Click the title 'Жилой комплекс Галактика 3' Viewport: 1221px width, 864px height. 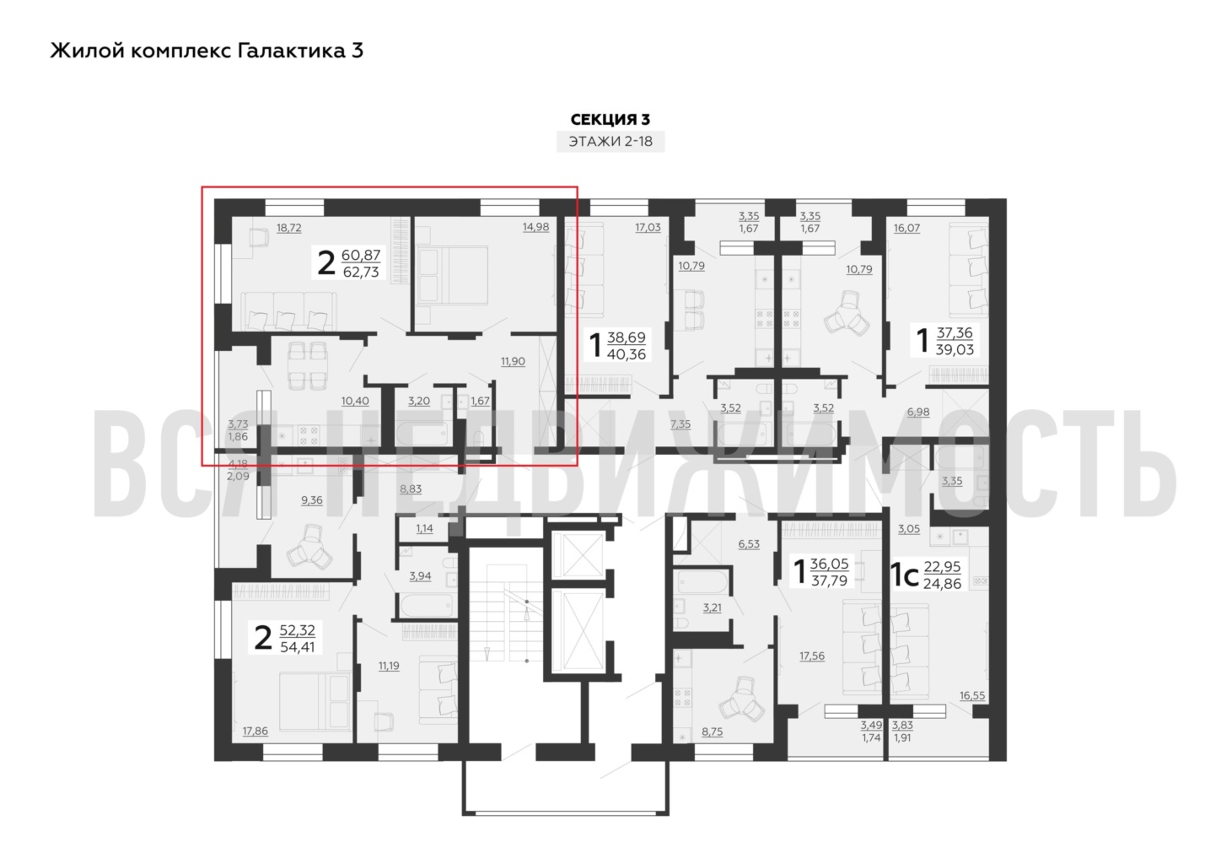pyautogui.click(x=207, y=51)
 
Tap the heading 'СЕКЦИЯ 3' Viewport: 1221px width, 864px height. pyautogui.click(x=610, y=119)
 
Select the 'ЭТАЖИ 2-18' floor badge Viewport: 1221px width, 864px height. pyautogui.click(x=610, y=142)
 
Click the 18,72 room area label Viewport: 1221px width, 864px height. pyautogui.click(x=289, y=228)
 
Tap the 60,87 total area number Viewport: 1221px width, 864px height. pyautogui.click(x=361, y=255)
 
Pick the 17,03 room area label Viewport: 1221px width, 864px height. pyautogui.click(x=648, y=227)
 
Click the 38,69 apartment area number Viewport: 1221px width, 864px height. pyautogui.click(x=626, y=337)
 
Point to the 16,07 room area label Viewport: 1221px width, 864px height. pyautogui.click(x=907, y=228)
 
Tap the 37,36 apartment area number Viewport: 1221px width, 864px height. pyautogui.click(x=955, y=333)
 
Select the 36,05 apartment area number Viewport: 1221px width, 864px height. pyautogui.click(x=829, y=563)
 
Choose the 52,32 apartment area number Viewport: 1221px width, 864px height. pyautogui.click(x=297, y=630)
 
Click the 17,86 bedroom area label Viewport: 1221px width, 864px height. pyautogui.click(x=255, y=731)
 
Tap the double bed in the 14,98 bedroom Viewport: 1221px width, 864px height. pyautogui.click(x=452, y=275)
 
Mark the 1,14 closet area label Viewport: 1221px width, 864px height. pyautogui.click(x=424, y=528)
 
